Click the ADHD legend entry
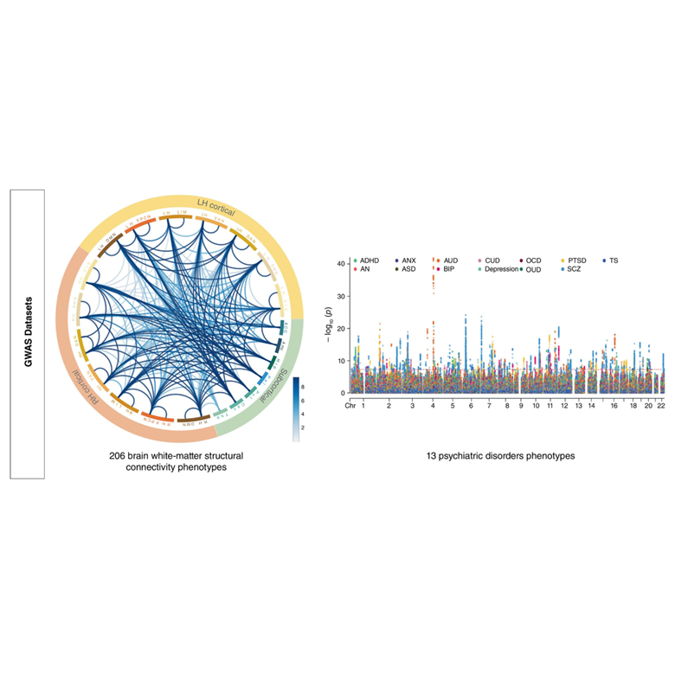[x=369, y=260]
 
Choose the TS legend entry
[x=613, y=260]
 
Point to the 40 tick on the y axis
[x=343, y=263]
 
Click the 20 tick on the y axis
[x=343, y=328]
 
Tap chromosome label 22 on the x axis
[x=660, y=405]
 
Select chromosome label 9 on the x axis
[x=521, y=405]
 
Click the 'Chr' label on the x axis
[x=350, y=405]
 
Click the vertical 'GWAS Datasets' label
[x=28, y=333]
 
